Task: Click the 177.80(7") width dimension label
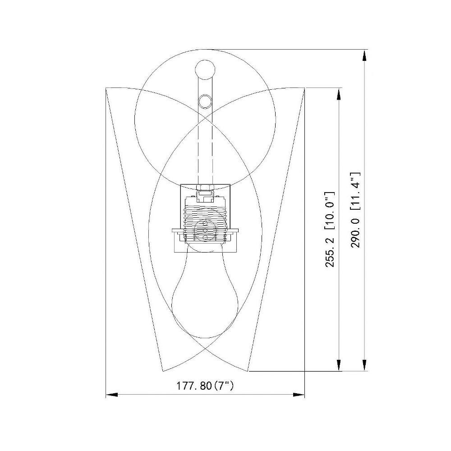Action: click(x=205, y=386)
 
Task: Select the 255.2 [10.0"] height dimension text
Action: click(x=330, y=229)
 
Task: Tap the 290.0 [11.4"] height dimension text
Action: click(x=355, y=210)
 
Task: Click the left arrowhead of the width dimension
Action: click(x=112, y=394)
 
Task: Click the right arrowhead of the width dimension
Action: click(x=299, y=394)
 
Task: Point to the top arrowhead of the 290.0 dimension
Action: click(x=364, y=55)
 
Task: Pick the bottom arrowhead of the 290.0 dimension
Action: click(x=364, y=365)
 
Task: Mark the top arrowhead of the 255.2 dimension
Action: click(x=339, y=93)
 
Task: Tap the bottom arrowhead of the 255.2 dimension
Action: click(x=339, y=365)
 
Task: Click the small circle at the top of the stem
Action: click(x=205, y=69)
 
